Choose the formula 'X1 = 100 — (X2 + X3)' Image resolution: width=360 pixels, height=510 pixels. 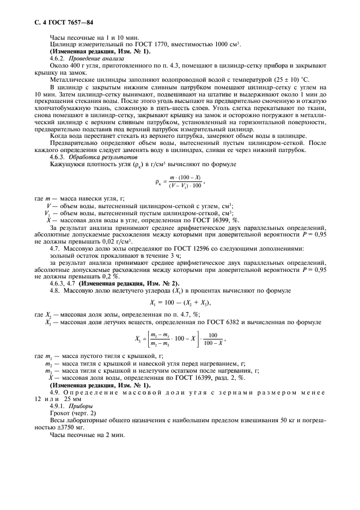180,302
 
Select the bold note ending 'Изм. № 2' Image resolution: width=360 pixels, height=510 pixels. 128,284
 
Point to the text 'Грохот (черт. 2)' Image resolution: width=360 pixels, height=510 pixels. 72,414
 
